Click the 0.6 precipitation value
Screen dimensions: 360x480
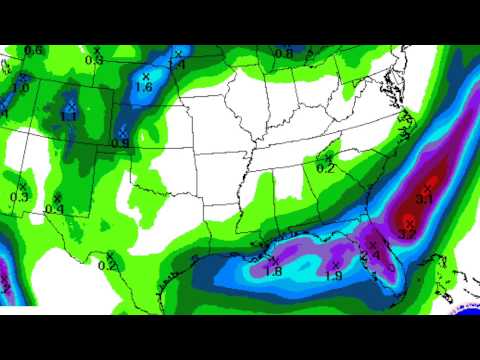click(x=33, y=51)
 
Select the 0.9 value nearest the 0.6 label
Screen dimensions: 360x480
click(x=95, y=60)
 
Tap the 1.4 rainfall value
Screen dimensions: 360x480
click(x=177, y=65)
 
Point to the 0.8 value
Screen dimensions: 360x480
click(x=284, y=53)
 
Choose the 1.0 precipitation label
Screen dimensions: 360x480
click(x=20, y=88)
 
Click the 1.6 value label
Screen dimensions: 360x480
click(x=143, y=88)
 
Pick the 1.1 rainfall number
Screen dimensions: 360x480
click(x=69, y=117)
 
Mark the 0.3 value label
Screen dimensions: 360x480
click(x=19, y=196)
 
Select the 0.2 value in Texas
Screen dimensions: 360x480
click(x=108, y=265)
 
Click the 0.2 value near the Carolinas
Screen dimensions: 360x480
click(x=325, y=169)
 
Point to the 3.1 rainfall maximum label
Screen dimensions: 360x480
click(x=424, y=200)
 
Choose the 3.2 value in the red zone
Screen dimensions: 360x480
click(x=407, y=233)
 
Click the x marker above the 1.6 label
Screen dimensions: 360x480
click(x=145, y=75)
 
